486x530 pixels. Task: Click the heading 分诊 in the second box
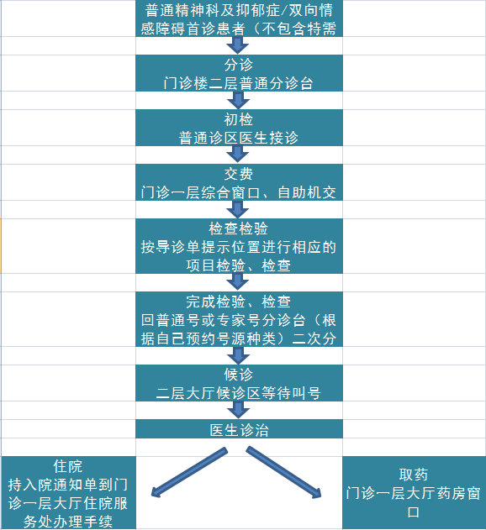pos(239,65)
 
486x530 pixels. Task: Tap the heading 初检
pos(239,119)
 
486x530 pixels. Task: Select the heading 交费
pos(239,174)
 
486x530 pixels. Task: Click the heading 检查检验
pos(239,228)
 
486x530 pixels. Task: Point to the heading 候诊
pos(239,375)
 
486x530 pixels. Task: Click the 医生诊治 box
pos(239,429)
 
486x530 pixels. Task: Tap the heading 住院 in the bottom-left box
pos(68,466)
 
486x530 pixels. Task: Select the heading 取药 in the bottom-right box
pos(414,475)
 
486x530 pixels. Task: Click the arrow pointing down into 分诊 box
pos(238,45)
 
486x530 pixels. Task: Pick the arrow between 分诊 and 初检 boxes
pos(238,100)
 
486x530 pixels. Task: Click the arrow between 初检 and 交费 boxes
pos(238,155)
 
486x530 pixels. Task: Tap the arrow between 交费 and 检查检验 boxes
pos(238,209)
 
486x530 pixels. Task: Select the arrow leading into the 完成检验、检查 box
pos(238,282)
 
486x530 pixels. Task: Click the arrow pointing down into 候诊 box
pos(238,355)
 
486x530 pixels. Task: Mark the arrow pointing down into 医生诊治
pos(238,410)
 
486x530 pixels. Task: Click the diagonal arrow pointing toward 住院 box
pos(189,472)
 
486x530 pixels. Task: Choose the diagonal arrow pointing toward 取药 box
pos(283,472)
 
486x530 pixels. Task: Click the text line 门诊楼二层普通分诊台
pos(239,83)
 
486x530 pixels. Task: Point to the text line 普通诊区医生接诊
pos(239,138)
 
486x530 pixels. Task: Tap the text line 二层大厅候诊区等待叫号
pos(239,393)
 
